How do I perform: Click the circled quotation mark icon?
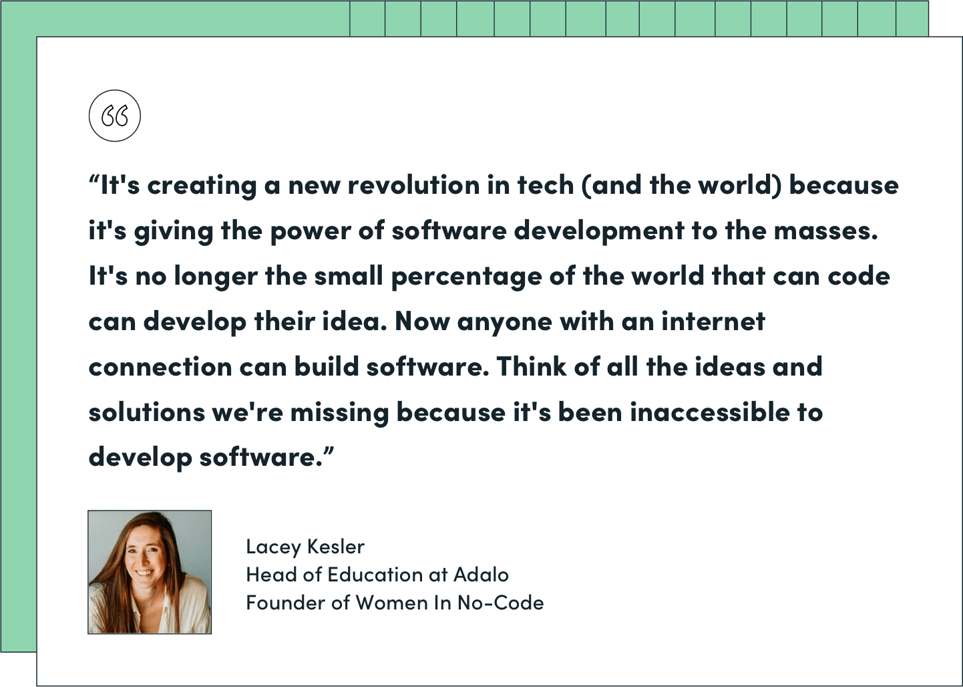tap(115, 116)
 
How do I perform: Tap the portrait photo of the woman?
tap(150, 572)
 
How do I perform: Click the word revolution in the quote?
tap(413, 185)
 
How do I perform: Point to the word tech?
tap(546, 185)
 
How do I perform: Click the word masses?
tap(826, 231)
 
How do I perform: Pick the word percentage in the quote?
tap(466, 277)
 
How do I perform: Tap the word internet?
tap(713, 321)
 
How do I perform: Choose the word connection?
tap(160, 367)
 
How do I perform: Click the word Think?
tap(532, 366)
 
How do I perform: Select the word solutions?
tap(147, 412)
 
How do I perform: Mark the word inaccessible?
tap(710, 412)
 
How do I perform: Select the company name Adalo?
tap(481, 575)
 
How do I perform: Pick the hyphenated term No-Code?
tap(500, 603)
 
